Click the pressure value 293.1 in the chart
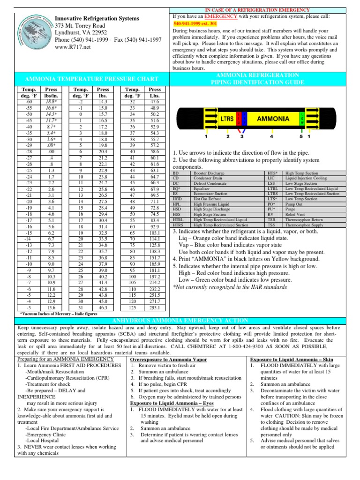(154, 307)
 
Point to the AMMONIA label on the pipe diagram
(272, 119)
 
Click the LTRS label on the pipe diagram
(227, 120)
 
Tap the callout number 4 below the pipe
(271, 137)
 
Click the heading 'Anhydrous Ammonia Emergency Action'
(180, 320)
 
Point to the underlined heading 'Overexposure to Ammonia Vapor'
(162, 359)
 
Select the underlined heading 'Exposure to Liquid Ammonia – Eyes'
(172, 403)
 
